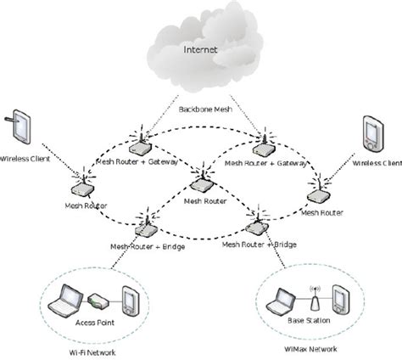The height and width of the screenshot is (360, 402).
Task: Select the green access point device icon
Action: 98,301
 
